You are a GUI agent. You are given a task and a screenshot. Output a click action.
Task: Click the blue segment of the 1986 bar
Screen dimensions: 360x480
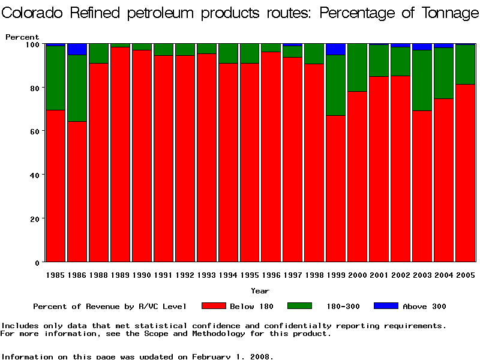pos(77,49)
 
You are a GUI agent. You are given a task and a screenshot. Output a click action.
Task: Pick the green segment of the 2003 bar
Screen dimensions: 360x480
pos(422,80)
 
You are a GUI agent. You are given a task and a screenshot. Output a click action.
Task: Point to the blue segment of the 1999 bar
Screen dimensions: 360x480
pos(335,49)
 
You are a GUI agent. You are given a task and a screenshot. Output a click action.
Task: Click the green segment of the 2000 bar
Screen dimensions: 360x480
pos(357,68)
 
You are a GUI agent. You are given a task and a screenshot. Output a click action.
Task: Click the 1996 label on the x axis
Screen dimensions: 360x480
pos(271,275)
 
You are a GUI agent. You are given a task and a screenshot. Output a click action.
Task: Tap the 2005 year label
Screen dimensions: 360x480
pos(465,275)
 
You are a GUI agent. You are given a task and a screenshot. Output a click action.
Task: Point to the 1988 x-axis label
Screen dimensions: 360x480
pos(98,275)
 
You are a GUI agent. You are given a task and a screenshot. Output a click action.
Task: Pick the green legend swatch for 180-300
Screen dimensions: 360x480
pos(300,306)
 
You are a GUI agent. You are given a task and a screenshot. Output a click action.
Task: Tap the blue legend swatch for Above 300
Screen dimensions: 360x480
pos(386,306)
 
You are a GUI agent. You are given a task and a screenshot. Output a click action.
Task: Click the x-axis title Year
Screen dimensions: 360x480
pos(260,291)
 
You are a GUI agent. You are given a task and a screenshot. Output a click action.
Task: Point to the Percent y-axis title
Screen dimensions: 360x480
pos(22,37)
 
